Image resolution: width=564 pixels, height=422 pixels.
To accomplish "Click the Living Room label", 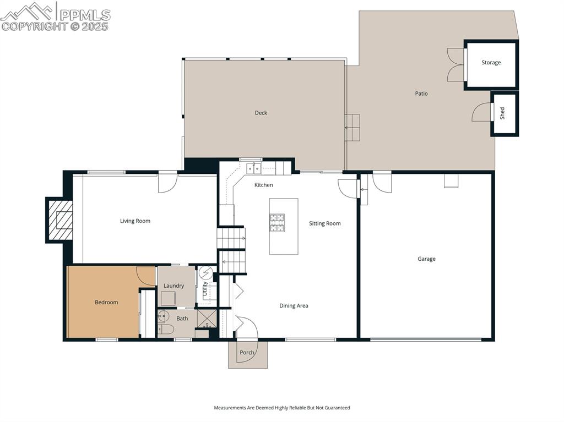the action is click(135, 221).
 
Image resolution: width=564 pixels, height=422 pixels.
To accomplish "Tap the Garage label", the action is click(426, 259).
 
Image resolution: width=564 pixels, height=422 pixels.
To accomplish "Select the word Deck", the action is click(261, 113).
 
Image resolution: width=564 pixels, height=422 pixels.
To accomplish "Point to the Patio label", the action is click(421, 94).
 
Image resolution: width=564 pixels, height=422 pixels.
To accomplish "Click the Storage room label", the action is click(491, 63).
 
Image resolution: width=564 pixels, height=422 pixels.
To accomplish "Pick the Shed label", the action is click(502, 113).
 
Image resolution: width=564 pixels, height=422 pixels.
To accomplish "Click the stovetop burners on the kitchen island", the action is click(277, 222).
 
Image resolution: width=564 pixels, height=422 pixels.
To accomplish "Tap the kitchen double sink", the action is click(253, 168).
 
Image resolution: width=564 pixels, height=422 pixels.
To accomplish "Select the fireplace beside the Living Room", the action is click(60, 220).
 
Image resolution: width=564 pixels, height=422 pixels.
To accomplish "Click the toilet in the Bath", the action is click(166, 329).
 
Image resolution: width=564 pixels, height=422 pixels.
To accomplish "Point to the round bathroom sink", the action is click(163, 316).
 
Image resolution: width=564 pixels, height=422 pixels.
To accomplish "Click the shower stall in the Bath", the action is click(207, 319).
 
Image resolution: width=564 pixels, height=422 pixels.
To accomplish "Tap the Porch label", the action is click(247, 353).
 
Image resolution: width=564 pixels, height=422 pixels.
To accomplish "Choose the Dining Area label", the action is click(294, 306).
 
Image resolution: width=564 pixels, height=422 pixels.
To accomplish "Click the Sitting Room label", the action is click(324, 223).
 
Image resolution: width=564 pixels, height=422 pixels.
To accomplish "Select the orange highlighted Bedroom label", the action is click(106, 302).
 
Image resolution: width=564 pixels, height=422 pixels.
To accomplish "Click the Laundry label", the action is click(173, 286).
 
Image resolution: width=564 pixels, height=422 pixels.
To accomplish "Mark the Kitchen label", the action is click(264, 185).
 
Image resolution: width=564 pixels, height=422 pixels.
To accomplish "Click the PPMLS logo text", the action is click(85, 15).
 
